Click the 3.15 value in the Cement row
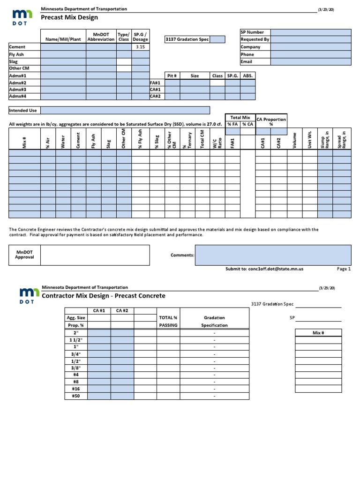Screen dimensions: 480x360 pyautogui.click(x=140, y=47)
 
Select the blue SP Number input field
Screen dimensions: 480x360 pyautogui.click(x=310, y=32)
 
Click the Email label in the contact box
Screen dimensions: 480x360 pyautogui.click(x=247, y=61)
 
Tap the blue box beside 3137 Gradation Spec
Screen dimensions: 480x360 pyautogui.click(x=217, y=40)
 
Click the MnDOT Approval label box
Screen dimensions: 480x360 pyautogui.click(x=24, y=255)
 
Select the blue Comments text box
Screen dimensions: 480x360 pyautogui.click(x=273, y=255)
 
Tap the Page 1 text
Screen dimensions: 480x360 pyautogui.click(x=343, y=269)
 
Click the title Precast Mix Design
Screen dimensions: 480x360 pyautogui.click(x=69, y=18)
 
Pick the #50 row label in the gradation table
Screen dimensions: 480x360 pyautogui.click(x=76, y=396)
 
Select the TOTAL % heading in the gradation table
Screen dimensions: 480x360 pyautogui.click(x=168, y=318)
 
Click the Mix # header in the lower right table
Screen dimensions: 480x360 pyautogui.click(x=318, y=333)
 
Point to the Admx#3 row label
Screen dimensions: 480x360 pyautogui.click(x=18, y=90)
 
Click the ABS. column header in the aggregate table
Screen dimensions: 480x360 pyautogui.click(x=247, y=75)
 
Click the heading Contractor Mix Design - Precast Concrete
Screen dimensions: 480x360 pyautogui.click(x=104, y=296)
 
